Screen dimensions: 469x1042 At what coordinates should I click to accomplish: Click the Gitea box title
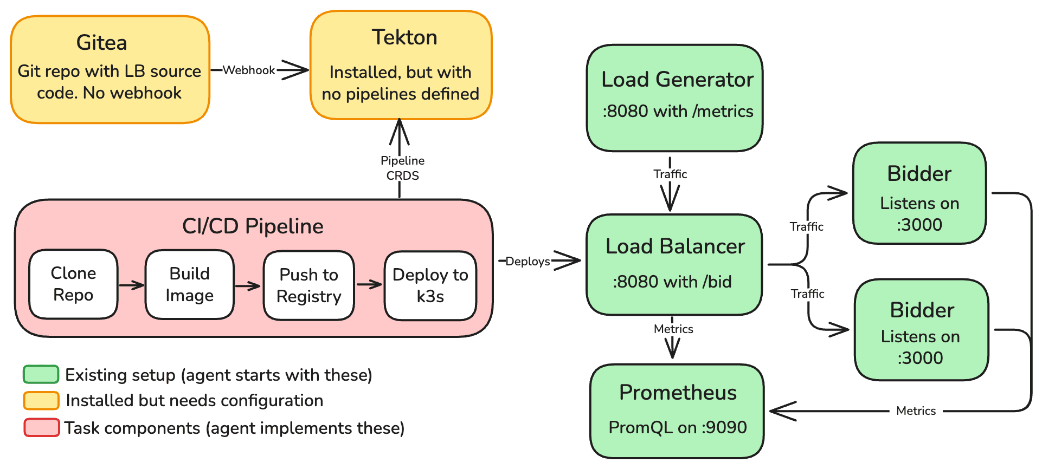[102, 43]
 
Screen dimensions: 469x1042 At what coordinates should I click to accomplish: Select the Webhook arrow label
[249, 70]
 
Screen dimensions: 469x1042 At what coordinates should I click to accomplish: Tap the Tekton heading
[404, 37]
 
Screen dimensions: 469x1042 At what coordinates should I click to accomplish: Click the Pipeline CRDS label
[402, 168]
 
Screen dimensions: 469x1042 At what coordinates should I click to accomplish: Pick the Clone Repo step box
[73, 284]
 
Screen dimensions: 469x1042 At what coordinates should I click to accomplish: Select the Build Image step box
[189, 284]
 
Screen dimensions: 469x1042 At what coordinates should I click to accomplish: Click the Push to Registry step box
[308, 285]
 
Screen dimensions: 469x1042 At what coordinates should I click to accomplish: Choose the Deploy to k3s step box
[430, 285]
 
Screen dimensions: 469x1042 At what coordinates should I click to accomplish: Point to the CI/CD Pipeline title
[253, 226]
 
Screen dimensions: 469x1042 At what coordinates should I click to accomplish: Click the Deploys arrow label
[528, 262]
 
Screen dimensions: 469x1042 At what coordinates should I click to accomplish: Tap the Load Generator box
[674, 98]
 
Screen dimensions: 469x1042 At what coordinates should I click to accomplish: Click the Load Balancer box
[674, 264]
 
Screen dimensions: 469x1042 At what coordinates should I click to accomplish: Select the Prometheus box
[677, 411]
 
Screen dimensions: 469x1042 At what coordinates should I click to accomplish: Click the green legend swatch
[41, 374]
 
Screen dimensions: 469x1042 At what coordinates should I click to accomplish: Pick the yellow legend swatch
[41, 400]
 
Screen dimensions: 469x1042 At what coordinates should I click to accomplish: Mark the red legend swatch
[41, 427]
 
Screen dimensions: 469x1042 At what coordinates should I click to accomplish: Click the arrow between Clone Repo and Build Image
[131, 285]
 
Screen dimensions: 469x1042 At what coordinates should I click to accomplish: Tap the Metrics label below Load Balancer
[673, 329]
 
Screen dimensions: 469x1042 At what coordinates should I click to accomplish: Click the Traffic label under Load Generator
[670, 174]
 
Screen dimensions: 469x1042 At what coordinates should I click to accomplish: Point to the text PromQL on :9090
[678, 427]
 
